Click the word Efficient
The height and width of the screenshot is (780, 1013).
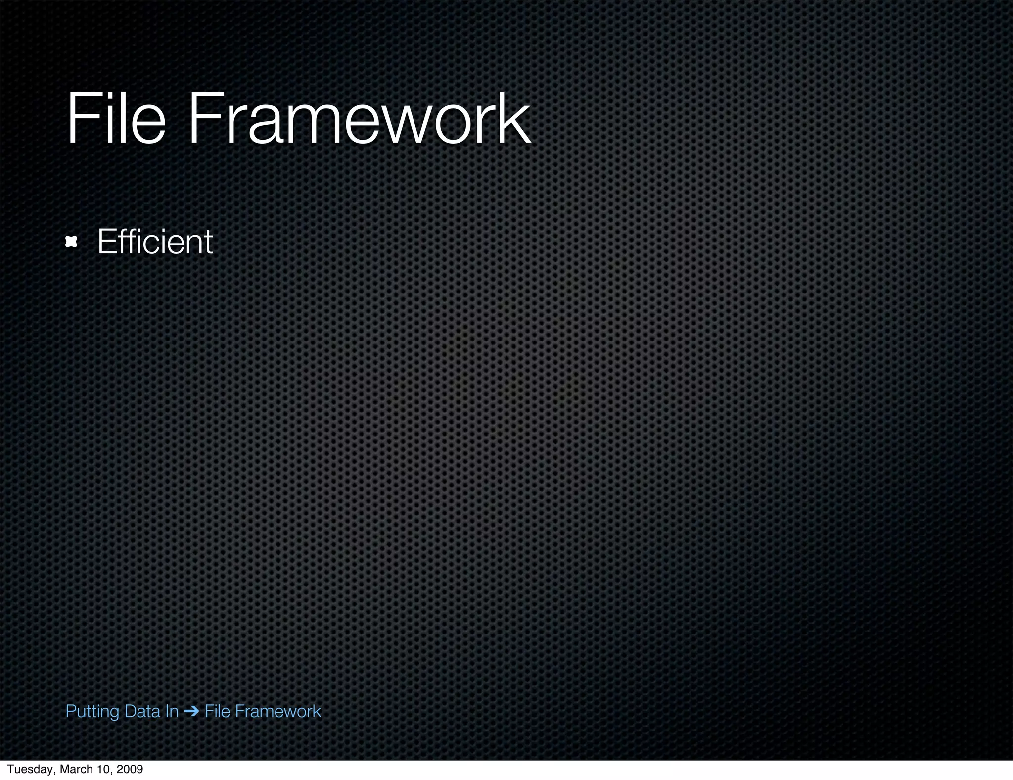[155, 242]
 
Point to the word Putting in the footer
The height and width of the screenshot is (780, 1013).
[92, 712]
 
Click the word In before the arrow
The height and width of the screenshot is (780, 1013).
[172, 711]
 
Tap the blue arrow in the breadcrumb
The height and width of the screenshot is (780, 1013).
[191, 712]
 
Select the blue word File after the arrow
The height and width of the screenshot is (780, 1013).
[218, 711]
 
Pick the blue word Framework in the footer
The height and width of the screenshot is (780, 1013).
[278, 711]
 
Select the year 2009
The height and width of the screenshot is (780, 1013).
[131, 769]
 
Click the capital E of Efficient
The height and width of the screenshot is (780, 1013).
[106, 242]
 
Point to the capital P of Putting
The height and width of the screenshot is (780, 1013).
[70, 711]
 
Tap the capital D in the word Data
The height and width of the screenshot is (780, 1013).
[130, 711]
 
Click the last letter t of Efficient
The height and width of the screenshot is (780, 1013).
[208, 243]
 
